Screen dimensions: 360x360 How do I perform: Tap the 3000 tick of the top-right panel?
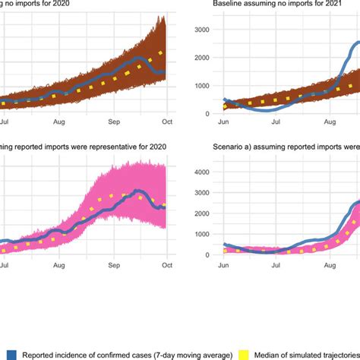(x=197, y=30)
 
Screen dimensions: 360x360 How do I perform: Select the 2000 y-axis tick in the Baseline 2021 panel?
(x=197, y=58)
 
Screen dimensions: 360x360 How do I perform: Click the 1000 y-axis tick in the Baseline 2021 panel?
(x=197, y=86)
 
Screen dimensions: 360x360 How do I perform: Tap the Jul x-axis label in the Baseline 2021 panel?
(x=276, y=120)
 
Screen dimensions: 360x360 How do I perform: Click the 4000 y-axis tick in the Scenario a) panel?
(x=197, y=172)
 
